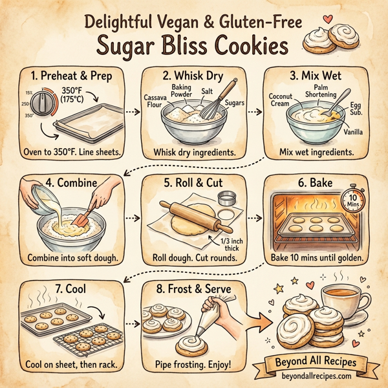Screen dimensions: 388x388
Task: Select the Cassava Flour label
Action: (x=153, y=101)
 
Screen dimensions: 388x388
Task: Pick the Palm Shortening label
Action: (x=321, y=90)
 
